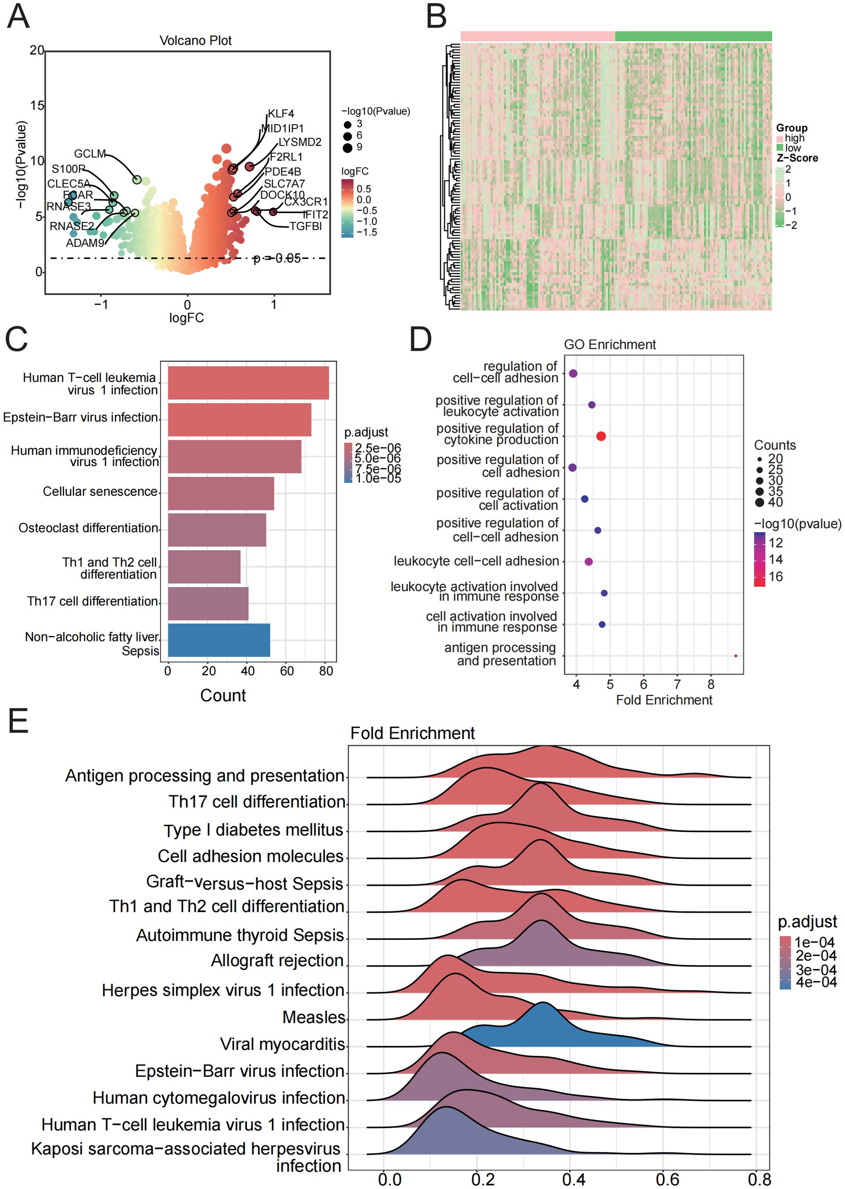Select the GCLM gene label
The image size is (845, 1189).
pos(90,154)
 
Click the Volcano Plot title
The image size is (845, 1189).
pos(195,41)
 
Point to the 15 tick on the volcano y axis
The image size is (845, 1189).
pos(37,106)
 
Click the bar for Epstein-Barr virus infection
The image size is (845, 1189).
pos(239,419)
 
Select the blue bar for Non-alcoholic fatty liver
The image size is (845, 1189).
pos(218,640)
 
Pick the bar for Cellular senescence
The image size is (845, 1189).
pos(221,493)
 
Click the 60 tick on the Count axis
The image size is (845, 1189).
pos(287,671)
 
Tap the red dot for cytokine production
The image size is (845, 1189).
pos(600,436)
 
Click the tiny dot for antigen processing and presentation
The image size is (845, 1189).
pos(735,655)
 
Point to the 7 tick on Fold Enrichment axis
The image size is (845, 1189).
pos(677,684)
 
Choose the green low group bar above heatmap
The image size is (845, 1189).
pos(693,36)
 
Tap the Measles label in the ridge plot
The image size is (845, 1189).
pos(314,1017)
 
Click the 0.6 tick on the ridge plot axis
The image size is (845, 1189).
pos(667,1179)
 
